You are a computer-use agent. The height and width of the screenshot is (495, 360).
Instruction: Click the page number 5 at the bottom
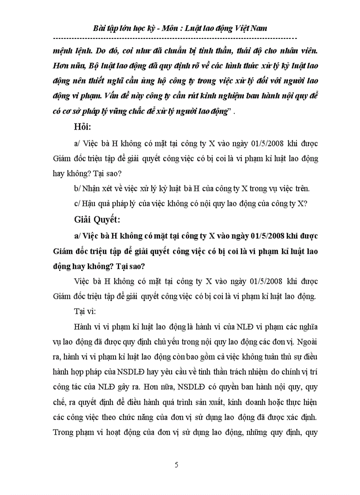[176, 465]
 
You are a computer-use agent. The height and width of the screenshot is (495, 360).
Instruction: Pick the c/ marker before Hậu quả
[78, 204]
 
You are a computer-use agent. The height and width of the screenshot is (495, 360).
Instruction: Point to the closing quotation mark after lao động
[233, 112]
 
